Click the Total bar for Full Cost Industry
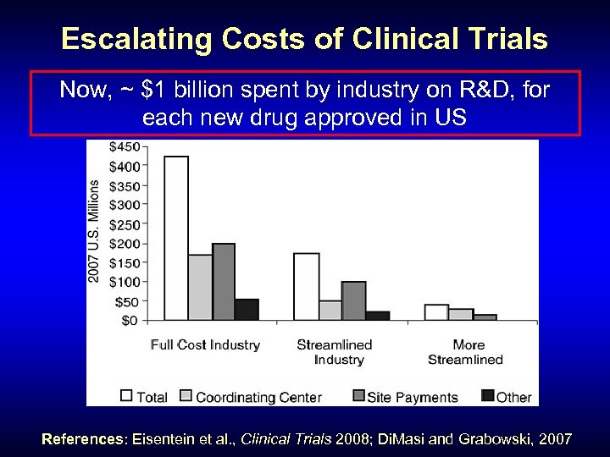(176, 238)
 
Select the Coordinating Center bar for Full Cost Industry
(201, 287)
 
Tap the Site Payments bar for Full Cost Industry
(224, 281)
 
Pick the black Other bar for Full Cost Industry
(247, 309)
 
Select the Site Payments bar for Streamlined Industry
(353, 300)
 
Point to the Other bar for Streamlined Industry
(377, 315)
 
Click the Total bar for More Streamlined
(436, 311)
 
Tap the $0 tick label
(130, 320)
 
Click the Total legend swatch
(127, 395)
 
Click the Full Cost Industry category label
(205, 344)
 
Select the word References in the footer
(82, 439)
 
